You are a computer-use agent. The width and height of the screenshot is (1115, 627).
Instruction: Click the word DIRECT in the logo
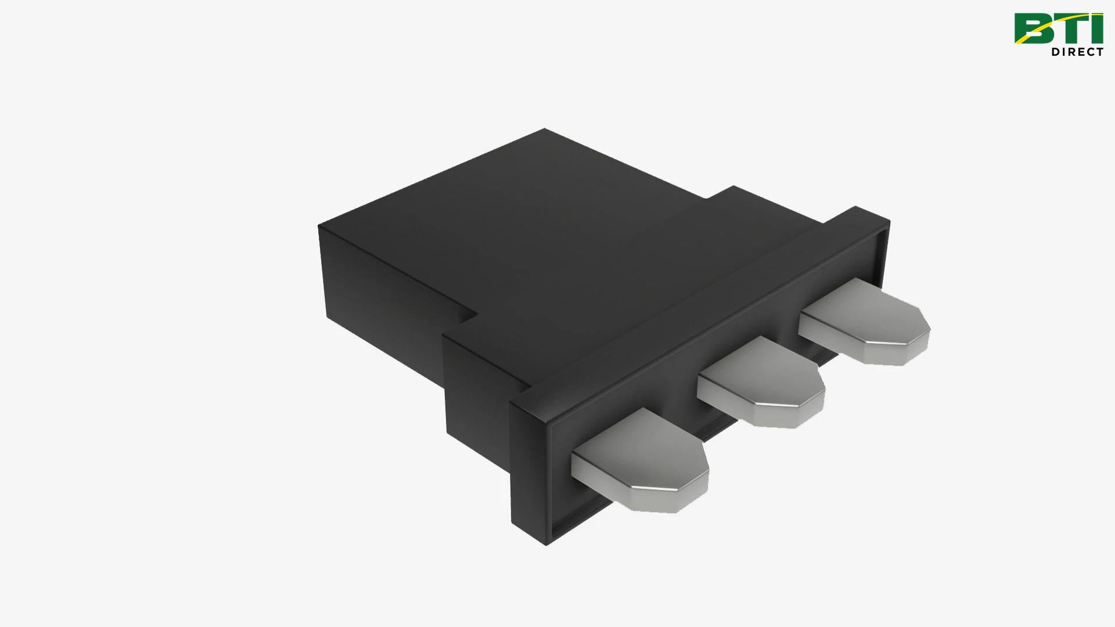point(1077,52)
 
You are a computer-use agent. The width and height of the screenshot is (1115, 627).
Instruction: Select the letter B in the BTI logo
point(1031,28)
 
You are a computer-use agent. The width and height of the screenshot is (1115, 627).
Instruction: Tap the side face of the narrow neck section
point(476,383)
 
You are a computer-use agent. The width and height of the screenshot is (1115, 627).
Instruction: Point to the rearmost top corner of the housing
point(545,129)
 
